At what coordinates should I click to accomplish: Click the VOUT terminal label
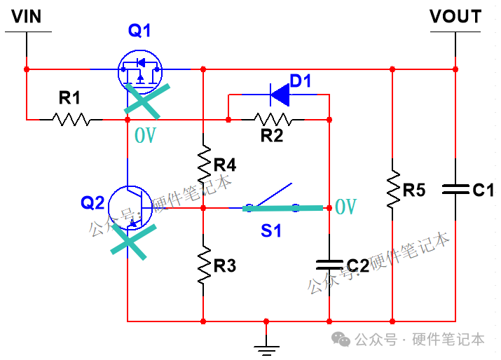coord(455,16)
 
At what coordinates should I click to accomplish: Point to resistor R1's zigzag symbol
coord(71,119)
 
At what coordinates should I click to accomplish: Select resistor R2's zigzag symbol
coord(272,119)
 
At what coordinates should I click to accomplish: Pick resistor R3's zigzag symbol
coord(203,264)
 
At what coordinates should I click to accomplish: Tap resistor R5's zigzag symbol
coord(392,189)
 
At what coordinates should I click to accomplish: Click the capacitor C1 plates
coord(455,189)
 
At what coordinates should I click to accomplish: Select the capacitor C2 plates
coord(329,264)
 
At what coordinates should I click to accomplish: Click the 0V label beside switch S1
coord(345,207)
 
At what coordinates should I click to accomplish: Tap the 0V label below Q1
coord(145,134)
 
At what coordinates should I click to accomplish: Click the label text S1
coord(271,229)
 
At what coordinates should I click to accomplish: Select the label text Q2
coord(92,203)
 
